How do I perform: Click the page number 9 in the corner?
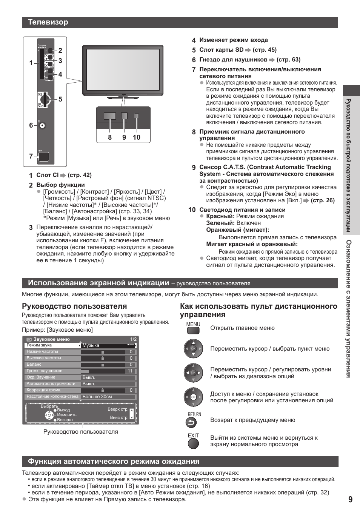click(x=350, y=499)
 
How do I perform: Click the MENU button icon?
click(x=193, y=331)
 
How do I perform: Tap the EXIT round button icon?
click(x=193, y=444)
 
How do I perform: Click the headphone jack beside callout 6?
click(x=42, y=126)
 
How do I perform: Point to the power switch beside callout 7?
click(x=43, y=156)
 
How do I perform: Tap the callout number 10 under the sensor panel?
click(x=136, y=137)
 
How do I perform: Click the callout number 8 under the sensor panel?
click(x=110, y=137)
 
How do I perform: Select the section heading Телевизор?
click(x=48, y=22)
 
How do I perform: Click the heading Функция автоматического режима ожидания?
click(x=114, y=461)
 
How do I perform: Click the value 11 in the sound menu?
click(x=130, y=371)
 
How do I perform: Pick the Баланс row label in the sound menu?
click(x=34, y=365)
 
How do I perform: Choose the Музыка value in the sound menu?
click(x=91, y=345)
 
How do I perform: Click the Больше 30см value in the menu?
click(x=97, y=397)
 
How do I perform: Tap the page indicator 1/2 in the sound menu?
click(x=133, y=339)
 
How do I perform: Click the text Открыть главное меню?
click(x=242, y=328)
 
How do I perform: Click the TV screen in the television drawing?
click(x=123, y=70)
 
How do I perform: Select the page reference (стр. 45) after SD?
click(x=265, y=50)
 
